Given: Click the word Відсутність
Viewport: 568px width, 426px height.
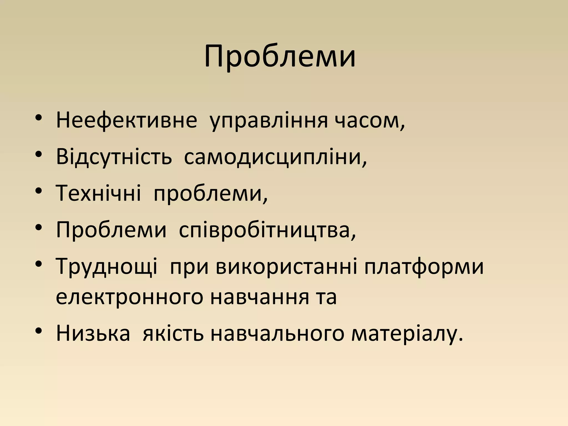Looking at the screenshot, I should [114, 157].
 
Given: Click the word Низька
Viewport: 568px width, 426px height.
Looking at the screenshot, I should [93, 333].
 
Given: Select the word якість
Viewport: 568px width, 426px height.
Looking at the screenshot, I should [173, 333].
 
